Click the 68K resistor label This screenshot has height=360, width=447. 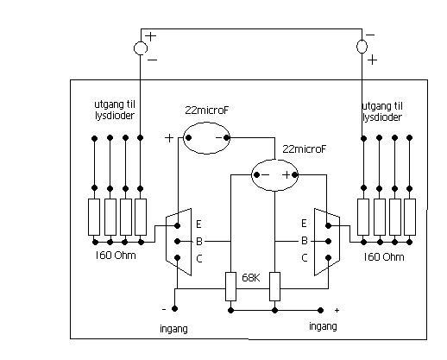tap(251, 278)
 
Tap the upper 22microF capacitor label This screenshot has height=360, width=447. tap(207, 111)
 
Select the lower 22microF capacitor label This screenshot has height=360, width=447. tap(305, 149)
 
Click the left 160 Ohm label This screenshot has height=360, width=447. tap(116, 256)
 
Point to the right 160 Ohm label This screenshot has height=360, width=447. tap(384, 256)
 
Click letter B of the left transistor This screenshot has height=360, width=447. tap(199, 242)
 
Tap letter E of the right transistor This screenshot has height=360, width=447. tap(304, 224)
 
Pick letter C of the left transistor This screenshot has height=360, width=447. tap(199, 259)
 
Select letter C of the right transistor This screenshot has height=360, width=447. tap(305, 258)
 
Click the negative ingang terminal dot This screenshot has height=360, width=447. tap(174, 309)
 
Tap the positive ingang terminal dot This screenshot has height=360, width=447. tap(320, 310)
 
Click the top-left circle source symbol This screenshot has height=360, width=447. tap(141, 48)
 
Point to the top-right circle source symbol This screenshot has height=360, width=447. tap(362, 47)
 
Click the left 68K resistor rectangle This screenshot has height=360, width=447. tap(230, 287)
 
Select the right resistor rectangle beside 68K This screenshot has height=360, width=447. tap(274, 287)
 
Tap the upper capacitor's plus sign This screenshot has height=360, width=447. tap(169, 138)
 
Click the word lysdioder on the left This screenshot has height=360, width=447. tap(115, 116)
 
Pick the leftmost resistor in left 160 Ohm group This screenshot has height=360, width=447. tap(94, 217)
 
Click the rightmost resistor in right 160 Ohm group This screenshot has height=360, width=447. tap(410, 217)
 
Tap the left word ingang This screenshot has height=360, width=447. tap(173, 329)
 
